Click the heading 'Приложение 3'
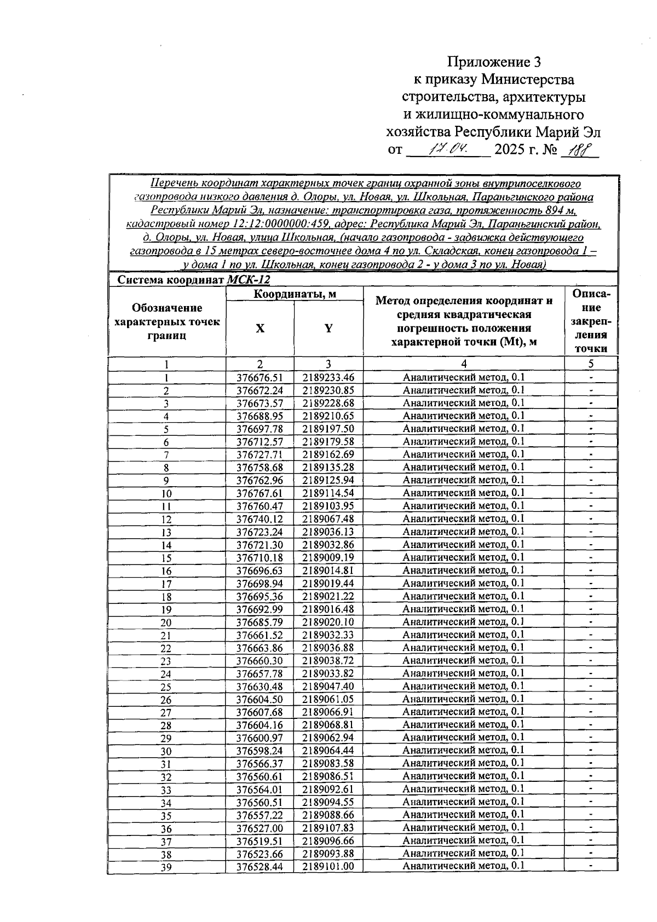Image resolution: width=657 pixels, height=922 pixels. pyautogui.click(x=497, y=61)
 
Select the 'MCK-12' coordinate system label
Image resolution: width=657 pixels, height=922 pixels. pyautogui.click(x=248, y=280)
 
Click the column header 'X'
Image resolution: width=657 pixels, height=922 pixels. pyautogui.click(x=260, y=329)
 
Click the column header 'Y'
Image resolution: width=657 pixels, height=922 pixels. pyautogui.click(x=328, y=329)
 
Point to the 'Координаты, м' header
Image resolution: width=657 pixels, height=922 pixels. pyautogui.click(x=295, y=295)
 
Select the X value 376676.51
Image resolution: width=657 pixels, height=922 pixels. pyautogui.click(x=260, y=377)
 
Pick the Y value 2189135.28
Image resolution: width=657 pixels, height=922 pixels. pyautogui.click(x=328, y=467)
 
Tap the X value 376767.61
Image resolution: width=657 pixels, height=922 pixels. pyautogui.click(x=260, y=493)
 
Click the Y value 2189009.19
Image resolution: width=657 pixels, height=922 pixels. pyautogui.click(x=328, y=557)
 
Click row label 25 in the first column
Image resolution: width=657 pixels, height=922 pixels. pyautogui.click(x=166, y=687)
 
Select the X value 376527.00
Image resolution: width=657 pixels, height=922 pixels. pyautogui.click(x=260, y=828)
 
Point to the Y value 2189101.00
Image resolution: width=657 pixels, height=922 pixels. pyautogui.click(x=328, y=866)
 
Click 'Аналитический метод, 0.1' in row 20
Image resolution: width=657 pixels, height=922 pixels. pyautogui.click(x=464, y=621)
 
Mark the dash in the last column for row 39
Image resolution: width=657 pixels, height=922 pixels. pyautogui.click(x=591, y=866)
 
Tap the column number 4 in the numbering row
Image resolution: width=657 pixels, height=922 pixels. pyautogui.click(x=464, y=364)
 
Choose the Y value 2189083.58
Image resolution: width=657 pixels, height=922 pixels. pyautogui.click(x=328, y=763)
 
